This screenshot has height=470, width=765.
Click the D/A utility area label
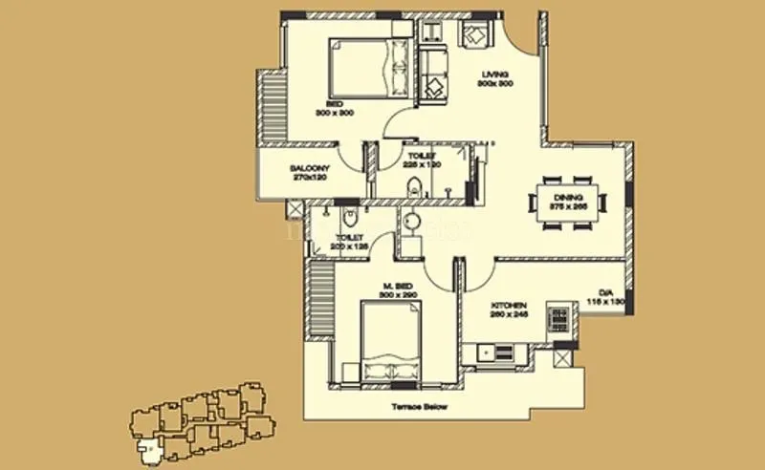click(605, 292)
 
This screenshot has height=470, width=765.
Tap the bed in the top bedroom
click(369, 69)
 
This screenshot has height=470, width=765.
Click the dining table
click(568, 202)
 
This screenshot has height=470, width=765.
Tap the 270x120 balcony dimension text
click(309, 178)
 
